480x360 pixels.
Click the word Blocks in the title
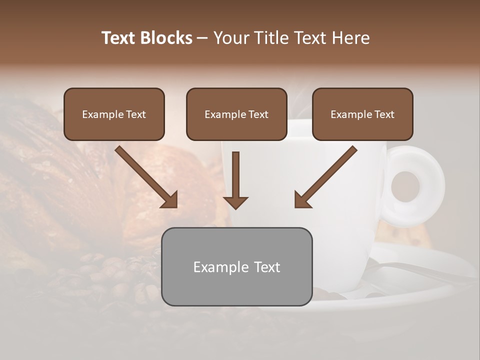(x=166, y=38)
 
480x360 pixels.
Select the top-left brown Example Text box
(x=114, y=114)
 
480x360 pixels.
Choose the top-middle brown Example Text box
(x=236, y=114)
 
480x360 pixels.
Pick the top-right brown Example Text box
(x=362, y=114)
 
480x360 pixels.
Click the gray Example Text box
(x=236, y=266)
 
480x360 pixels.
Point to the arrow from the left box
(x=145, y=176)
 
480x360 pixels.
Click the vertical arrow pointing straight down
(x=235, y=180)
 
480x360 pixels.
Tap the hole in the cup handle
(x=405, y=186)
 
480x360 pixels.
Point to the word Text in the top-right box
(x=384, y=114)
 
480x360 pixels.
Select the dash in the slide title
(x=202, y=38)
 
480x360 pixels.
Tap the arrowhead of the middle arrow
(x=235, y=202)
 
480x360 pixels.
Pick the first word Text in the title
(x=118, y=38)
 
